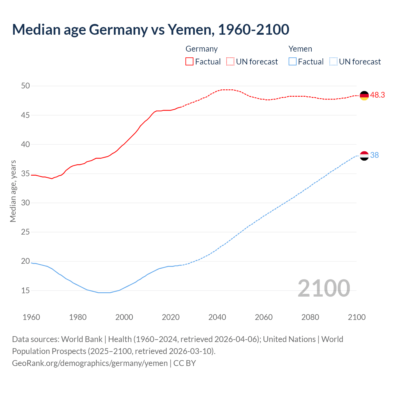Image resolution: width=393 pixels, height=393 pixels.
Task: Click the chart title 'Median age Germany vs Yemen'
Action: (x=150, y=29)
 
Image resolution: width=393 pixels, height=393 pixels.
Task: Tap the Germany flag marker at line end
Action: (x=364, y=95)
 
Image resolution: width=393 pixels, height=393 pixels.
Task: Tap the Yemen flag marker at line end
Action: (x=364, y=156)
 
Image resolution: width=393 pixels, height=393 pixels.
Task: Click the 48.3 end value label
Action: (x=377, y=95)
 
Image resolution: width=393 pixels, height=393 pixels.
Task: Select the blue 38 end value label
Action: (x=375, y=155)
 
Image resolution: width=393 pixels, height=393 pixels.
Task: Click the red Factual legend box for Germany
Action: (x=189, y=62)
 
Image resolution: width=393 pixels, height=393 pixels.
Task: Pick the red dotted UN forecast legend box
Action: (x=230, y=62)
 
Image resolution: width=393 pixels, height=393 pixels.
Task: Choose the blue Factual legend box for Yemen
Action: (x=293, y=62)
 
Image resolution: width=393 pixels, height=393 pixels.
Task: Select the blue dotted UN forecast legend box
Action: (x=333, y=62)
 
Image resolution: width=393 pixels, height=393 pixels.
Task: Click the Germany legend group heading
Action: (x=201, y=49)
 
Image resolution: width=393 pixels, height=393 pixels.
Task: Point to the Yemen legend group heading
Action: (x=300, y=49)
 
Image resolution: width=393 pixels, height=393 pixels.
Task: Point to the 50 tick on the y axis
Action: (x=25, y=86)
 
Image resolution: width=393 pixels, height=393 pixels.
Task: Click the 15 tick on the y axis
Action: (x=25, y=290)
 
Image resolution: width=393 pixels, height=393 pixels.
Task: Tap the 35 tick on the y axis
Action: (x=25, y=174)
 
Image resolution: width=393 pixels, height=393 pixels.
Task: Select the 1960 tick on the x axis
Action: (x=31, y=317)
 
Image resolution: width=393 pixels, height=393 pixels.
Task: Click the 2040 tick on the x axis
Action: (x=217, y=317)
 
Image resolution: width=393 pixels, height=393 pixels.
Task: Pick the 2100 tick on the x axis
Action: (x=356, y=317)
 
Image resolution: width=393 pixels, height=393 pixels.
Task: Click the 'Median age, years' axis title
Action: (x=13, y=191)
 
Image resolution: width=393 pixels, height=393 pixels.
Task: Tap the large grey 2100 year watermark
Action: (x=324, y=288)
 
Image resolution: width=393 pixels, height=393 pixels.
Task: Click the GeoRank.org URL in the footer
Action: (x=90, y=363)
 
